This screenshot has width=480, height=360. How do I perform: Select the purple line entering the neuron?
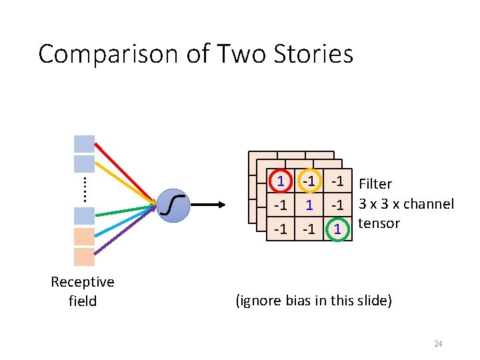tap(127, 233)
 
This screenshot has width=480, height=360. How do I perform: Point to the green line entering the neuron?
tap(127, 211)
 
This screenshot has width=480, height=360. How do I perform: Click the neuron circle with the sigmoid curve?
tap(173, 204)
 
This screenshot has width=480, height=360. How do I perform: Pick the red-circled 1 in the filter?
tap(281, 181)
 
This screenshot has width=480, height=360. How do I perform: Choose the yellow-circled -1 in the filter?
tap(309, 181)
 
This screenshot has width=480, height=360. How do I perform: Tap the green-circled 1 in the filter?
tap(338, 229)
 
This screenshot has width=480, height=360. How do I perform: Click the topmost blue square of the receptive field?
tap(84, 144)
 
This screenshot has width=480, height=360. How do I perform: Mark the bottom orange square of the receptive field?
tap(84, 257)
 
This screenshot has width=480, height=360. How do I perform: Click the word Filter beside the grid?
tap(375, 184)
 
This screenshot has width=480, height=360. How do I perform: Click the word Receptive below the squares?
tap(83, 282)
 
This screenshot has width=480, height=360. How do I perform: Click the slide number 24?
tap(438, 344)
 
